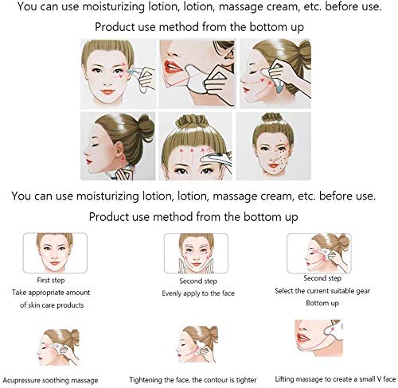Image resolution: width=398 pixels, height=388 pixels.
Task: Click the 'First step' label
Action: (51, 280)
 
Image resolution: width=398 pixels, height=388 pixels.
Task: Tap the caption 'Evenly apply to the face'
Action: (198, 293)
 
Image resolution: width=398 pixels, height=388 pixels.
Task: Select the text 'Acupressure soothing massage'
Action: (50, 381)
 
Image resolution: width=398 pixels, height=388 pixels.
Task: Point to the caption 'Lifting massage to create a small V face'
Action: (335, 379)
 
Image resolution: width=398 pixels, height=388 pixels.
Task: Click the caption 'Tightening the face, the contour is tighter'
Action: (193, 380)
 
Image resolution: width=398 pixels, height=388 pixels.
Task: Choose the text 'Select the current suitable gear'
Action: (322, 291)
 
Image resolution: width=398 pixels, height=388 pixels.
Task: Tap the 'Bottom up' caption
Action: (322, 303)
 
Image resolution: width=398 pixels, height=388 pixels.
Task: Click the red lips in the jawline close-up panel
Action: (173, 68)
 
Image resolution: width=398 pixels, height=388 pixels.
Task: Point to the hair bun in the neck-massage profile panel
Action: (146, 126)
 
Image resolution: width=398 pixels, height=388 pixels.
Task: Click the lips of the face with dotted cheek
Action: (273, 166)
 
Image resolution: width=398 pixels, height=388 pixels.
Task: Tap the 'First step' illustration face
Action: (55, 253)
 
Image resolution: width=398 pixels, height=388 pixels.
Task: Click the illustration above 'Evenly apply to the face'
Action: (196, 254)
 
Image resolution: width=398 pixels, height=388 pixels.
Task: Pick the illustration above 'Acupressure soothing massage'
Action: (58, 347)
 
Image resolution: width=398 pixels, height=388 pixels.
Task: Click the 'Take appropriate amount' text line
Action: (51, 293)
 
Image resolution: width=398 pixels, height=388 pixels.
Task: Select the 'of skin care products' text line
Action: (52, 305)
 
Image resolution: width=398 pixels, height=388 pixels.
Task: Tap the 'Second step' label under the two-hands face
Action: (198, 281)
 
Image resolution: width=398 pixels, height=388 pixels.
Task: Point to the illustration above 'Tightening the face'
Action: (197, 344)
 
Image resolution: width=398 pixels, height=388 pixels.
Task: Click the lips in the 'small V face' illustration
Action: (302, 338)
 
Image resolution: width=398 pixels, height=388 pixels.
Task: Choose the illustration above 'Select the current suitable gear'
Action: (319, 253)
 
